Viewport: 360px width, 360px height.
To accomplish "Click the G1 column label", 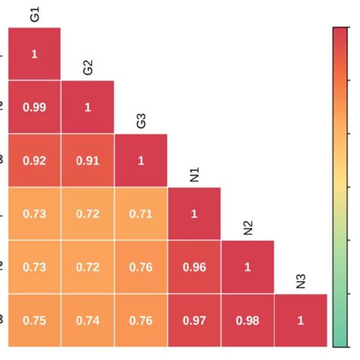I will [x=35, y=14].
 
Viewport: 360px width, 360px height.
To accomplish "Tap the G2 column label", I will [x=88, y=67].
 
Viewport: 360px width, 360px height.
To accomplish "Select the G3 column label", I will [x=141, y=120].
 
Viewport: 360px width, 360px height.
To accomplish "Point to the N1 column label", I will [x=194, y=174].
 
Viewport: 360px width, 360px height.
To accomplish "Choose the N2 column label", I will [x=248, y=227].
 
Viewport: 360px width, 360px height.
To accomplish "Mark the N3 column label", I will [x=301, y=281].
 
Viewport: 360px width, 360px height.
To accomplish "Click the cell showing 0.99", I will [x=35, y=107].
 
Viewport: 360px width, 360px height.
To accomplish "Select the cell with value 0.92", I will [x=35, y=160].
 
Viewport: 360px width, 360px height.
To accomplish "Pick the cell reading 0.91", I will [x=88, y=160].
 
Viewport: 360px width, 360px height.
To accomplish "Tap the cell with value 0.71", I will [x=141, y=214].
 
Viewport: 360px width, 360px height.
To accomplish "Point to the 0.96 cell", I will [x=194, y=267].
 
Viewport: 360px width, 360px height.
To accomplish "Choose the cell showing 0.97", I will [x=194, y=321].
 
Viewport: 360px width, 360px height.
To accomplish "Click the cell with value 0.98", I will [x=248, y=321].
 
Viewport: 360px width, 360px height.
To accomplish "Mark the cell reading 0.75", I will [x=35, y=321].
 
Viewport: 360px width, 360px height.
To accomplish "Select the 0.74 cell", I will [x=88, y=321].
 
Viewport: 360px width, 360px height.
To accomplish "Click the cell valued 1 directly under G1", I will [x=35, y=54].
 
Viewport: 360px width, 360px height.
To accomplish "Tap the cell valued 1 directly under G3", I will [x=141, y=160].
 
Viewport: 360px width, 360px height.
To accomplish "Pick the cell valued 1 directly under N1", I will [x=194, y=214].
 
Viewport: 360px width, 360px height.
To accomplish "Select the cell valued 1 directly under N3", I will [x=301, y=321].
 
